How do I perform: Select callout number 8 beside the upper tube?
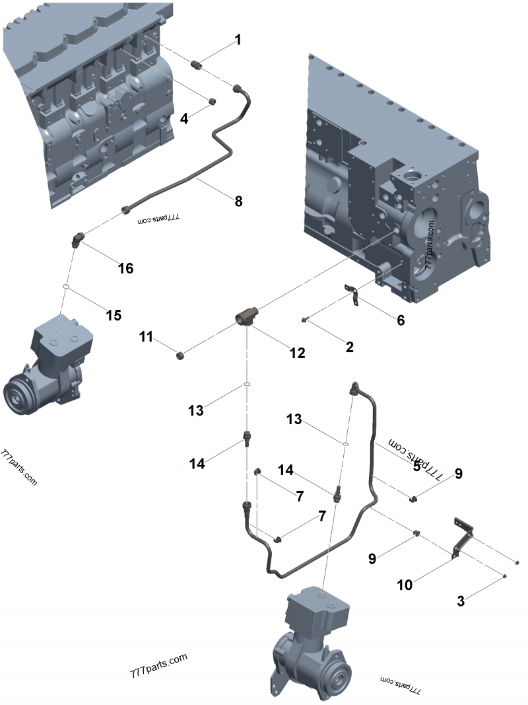238,200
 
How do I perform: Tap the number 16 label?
125,268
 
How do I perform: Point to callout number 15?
114,315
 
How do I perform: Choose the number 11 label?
146,337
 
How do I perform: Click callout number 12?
297,353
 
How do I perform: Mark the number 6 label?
400,320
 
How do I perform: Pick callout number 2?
350,346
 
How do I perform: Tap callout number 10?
405,584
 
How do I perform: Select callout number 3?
461,601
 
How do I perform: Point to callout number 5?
416,466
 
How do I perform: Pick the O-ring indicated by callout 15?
66,287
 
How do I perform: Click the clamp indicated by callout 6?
354,294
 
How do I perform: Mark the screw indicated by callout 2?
304,320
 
